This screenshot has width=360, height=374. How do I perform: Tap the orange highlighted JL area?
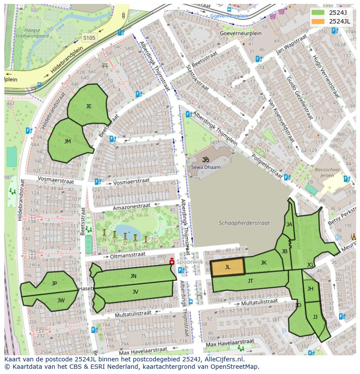pos(227,267)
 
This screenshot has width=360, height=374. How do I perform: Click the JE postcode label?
pos(89,106)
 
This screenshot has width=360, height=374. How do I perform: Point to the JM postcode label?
pos(67,142)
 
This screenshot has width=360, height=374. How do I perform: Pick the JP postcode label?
pos(54,284)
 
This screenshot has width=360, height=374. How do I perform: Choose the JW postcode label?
pos(61,300)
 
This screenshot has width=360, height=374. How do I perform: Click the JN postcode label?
pos(133,276)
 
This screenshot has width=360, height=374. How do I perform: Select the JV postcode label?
pos(135,292)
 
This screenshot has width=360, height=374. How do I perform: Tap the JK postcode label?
pos(263,263)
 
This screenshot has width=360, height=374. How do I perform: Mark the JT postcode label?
pos(250,281)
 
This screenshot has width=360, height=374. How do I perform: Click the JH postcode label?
pos(310,289)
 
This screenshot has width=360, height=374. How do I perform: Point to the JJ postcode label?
pos(315,317)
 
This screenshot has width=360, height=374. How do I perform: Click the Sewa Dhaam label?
pos(206,167)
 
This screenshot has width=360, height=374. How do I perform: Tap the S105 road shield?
pos(89,38)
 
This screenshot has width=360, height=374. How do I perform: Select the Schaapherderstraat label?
pos(244,223)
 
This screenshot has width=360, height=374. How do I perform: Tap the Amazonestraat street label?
pos(131,207)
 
